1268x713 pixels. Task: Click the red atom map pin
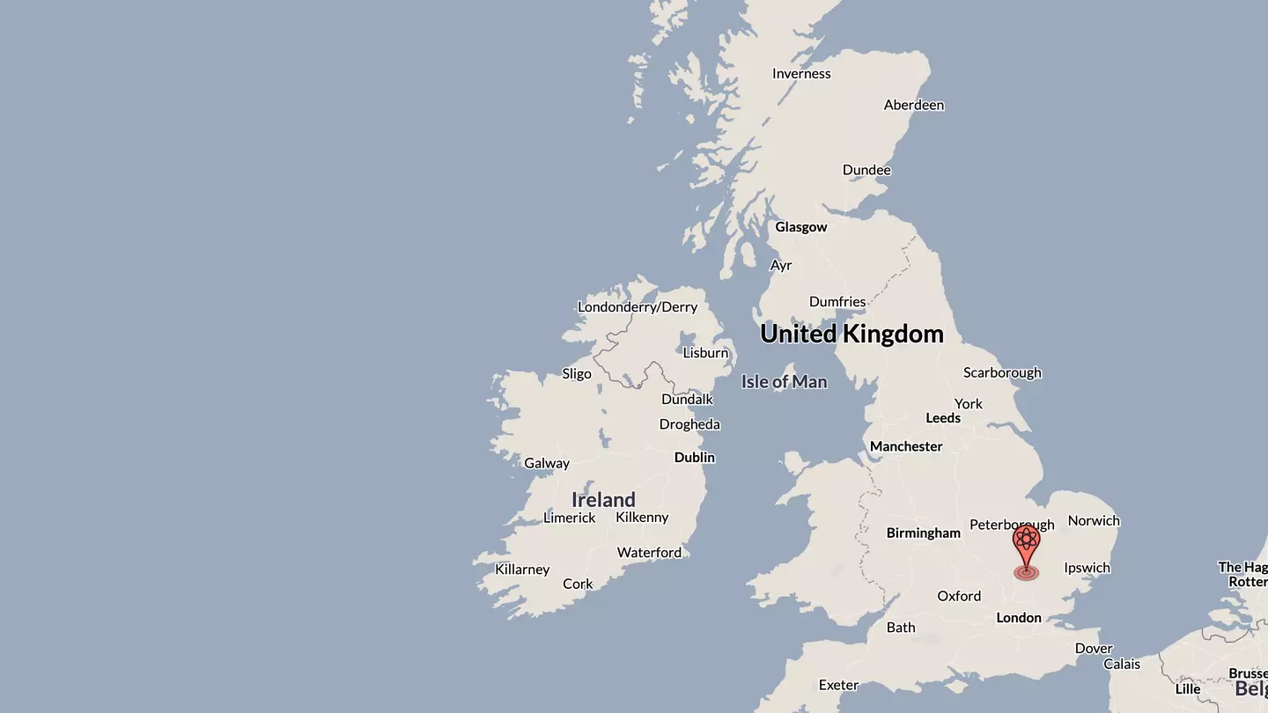pos(1026,545)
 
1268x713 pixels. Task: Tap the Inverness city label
pos(801,74)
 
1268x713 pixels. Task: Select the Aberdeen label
pos(914,106)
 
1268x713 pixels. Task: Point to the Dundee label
pos(866,171)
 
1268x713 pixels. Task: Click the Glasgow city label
pos(801,227)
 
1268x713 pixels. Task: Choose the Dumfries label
pos(837,302)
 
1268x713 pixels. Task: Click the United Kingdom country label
pos(851,334)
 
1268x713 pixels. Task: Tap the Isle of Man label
pos(784,382)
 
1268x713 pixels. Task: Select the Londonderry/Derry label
pos(638,307)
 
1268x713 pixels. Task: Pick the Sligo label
pos(577,373)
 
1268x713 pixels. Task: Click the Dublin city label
pos(695,458)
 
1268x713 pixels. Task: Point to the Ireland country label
pos(603,500)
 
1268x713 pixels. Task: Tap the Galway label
pos(547,464)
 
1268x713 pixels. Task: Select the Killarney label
pos(522,570)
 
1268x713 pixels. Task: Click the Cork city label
pos(578,584)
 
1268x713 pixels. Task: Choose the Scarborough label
pos(1002,373)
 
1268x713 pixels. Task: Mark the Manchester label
pos(906,447)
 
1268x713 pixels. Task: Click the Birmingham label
pos(924,533)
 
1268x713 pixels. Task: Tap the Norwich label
pos(1094,521)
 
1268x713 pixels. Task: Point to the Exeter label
pos(838,686)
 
